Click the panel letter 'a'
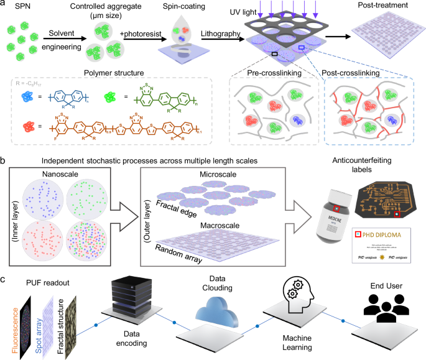(4, 5)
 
